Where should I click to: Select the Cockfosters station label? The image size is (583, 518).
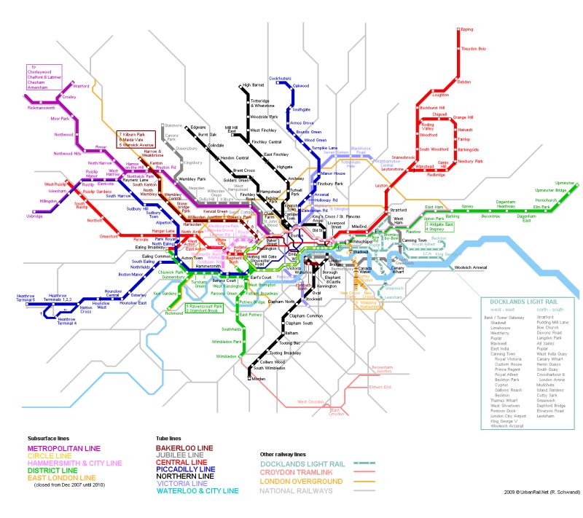(x=280, y=78)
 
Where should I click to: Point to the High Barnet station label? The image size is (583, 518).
(x=251, y=85)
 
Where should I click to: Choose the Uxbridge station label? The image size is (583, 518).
(x=34, y=216)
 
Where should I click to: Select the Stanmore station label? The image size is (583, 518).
(x=173, y=125)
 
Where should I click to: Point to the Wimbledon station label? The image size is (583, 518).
(x=226, y=356)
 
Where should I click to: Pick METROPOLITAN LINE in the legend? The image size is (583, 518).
(x=64, y=448)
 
